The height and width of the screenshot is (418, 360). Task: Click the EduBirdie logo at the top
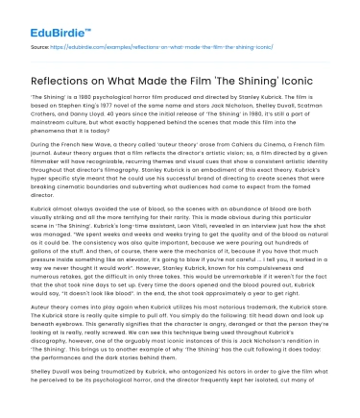click(47, 15)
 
